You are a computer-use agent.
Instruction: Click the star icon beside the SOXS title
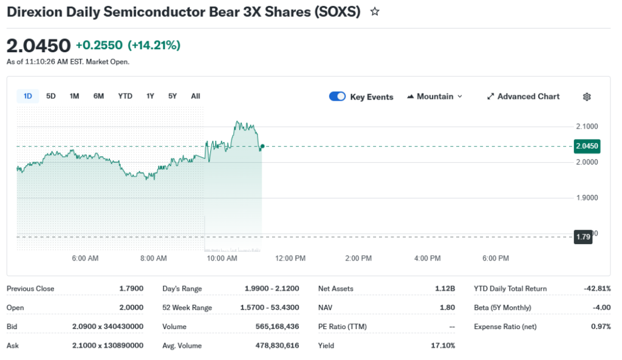[375, 12]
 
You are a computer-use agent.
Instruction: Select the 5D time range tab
[51, 96]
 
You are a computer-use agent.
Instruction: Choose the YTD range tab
[125, 96]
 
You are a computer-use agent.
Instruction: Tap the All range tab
[196, 96]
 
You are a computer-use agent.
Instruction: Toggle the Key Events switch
[337, 97]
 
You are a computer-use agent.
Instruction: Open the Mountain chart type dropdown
[434, 97]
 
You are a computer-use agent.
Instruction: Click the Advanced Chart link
[523, 97]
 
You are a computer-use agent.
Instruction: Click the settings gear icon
[587, 97]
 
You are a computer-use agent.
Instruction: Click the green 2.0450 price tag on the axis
[587, 146]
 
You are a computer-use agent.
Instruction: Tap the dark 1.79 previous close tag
[583, 237]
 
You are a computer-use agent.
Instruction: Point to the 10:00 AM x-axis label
[222, 259]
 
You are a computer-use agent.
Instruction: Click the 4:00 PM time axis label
[427, 259]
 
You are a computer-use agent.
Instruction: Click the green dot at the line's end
[262, 146]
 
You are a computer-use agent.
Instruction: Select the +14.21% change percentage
[154, 46]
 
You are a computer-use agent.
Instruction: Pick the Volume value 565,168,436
[277, 327]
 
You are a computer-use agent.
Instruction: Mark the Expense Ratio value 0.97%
[600, 327]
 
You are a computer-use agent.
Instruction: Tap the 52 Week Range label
[187, 308]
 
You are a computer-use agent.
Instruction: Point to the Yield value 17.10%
[443, 345]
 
